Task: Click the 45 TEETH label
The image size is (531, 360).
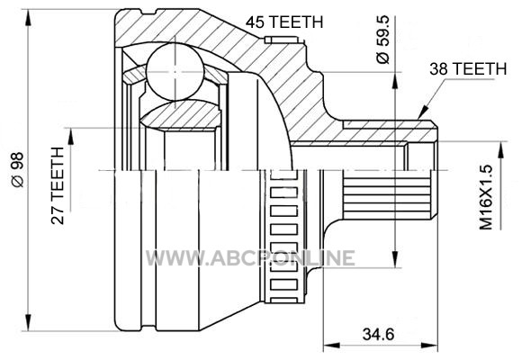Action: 284,22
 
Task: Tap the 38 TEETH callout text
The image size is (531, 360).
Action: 468,68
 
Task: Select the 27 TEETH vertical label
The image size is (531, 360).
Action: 58,185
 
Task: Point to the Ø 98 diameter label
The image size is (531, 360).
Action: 18,169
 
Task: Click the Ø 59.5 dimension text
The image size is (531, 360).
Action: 383,40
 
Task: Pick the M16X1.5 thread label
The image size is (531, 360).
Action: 486,197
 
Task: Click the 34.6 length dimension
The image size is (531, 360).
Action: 379,335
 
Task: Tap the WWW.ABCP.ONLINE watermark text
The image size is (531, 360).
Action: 250,258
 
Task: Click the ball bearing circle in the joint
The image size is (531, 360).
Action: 175,72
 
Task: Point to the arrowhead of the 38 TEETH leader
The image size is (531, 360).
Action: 423,112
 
